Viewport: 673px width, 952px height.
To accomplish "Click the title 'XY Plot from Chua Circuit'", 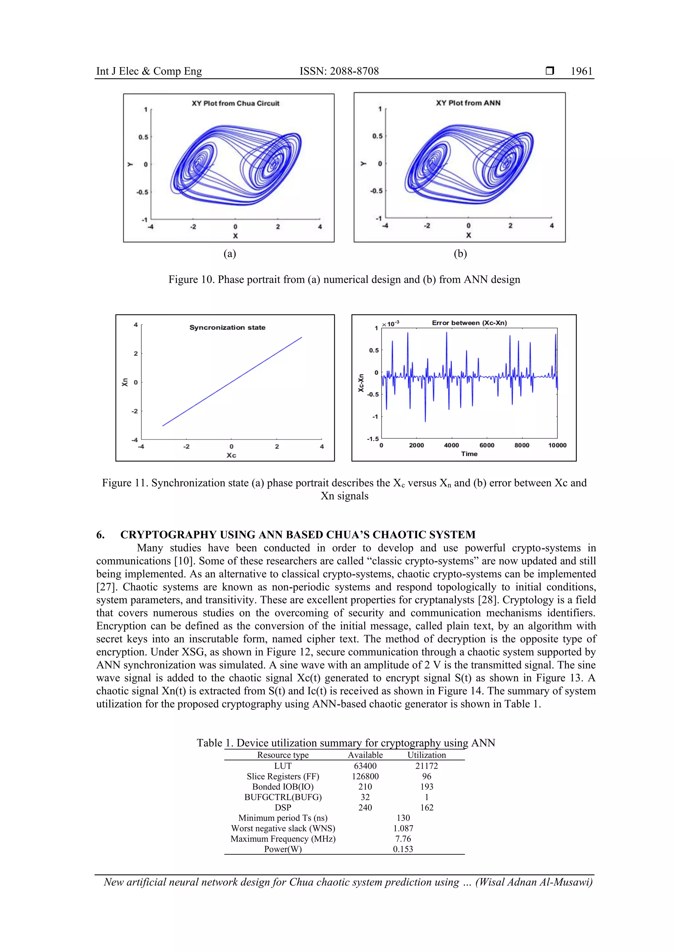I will (x=235, y=103).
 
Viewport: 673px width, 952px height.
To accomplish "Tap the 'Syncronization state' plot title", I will (x=227, y=328).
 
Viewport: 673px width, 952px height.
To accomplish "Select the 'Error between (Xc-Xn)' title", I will (x=469, y=323).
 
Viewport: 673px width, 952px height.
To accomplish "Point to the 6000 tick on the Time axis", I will (x=487, y=445).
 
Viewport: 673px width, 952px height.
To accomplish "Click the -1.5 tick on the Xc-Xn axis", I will (x=372, y=439).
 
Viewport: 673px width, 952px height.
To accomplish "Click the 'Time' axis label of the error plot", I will (x=469, y=454).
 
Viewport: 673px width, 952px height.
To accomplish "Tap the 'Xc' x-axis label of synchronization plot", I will (x=231, y=455).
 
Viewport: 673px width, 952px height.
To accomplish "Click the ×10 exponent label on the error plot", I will (x=390, y=324).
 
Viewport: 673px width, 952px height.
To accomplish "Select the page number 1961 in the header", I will (x=581, y=71).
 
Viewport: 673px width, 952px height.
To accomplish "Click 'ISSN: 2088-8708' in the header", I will (x=339, y=71).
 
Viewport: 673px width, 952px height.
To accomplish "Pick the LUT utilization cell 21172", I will (x=426, y=766).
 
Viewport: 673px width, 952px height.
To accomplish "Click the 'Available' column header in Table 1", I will (x=365, y=755).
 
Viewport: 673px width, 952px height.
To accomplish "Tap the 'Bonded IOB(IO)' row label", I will (x=283, y=787).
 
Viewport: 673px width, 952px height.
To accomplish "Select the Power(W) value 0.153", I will (x=403, y=849).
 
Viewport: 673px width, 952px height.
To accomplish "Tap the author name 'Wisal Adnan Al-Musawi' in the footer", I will (x=534, y=882).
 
